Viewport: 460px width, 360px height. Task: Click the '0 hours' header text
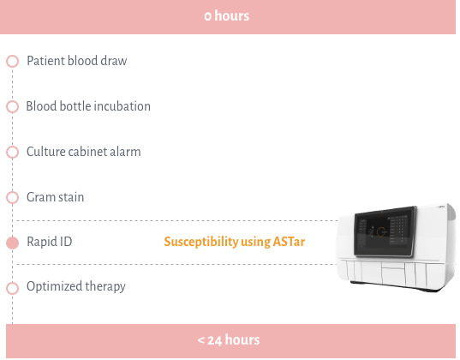[226, 15]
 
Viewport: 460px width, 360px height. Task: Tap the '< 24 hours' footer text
[229, 340]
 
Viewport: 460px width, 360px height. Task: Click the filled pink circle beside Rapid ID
[12, 243]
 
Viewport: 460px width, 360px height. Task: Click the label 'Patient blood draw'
[77, 61]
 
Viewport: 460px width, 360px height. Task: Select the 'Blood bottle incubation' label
[88, 106]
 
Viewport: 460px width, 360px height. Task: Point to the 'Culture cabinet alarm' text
[84, 152]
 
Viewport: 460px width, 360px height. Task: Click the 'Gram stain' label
[55, 197]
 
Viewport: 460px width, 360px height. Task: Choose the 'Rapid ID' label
[50, 242]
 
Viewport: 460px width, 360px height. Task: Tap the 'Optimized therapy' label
[76, 287]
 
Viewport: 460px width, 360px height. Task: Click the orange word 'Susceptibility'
[201, 243]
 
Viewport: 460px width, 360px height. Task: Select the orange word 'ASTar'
[289, 242]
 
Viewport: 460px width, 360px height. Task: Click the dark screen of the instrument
[385, 231]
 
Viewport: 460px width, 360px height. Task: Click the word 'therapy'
[105, 287]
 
